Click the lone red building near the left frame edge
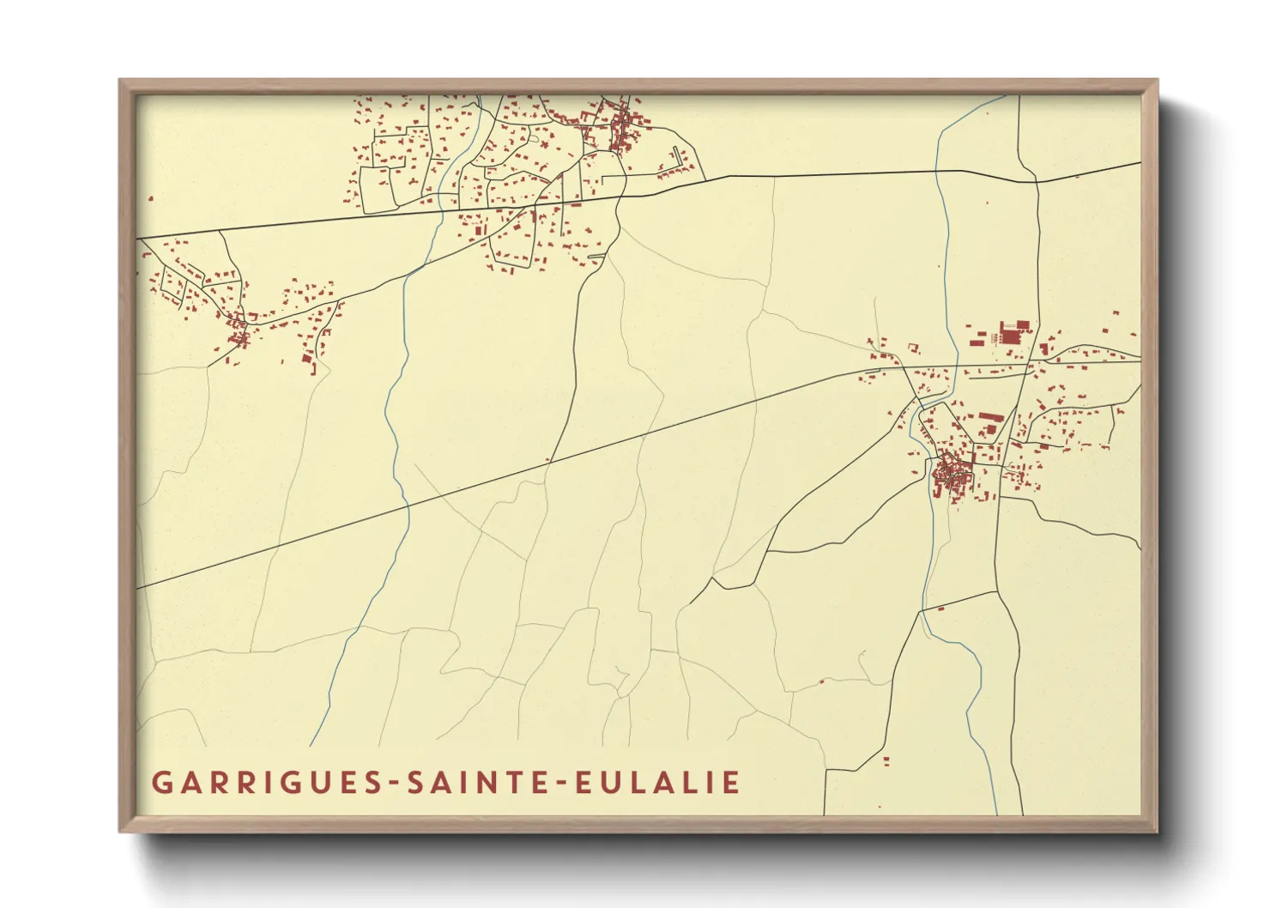coord(151,199)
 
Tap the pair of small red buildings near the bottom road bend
coord(886,760)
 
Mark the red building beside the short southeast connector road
coord(941,608)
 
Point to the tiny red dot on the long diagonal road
coord(547,459)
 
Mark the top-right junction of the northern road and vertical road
coord(1036,182)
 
